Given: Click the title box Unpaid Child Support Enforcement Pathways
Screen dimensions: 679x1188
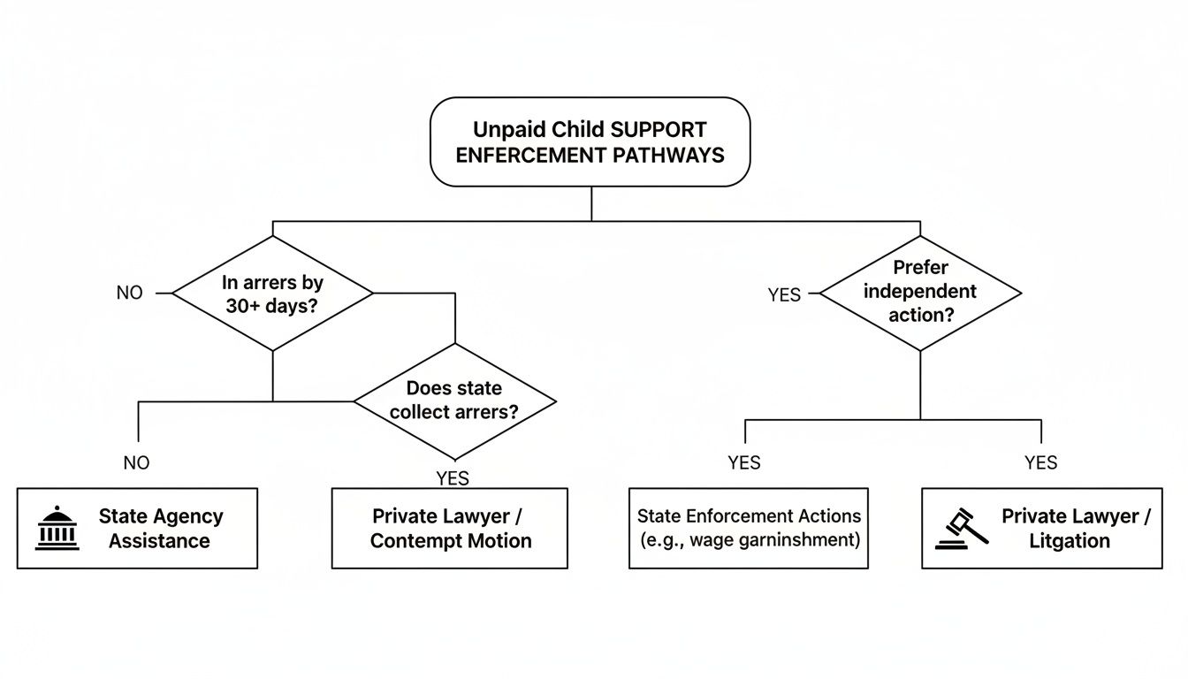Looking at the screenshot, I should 590,141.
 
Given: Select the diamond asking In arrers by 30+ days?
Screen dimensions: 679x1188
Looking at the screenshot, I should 272,294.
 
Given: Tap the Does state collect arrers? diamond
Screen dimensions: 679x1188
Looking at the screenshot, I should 454,401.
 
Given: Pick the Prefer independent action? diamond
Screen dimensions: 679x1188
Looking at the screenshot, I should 920,292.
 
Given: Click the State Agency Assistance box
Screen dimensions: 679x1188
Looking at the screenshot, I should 137,528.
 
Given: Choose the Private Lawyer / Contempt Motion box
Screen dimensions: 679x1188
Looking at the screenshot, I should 450,528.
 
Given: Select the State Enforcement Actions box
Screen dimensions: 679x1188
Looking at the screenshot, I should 748,528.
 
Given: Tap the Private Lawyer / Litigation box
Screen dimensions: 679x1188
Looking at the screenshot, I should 1041,528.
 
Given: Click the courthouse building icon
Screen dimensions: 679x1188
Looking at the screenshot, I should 57,528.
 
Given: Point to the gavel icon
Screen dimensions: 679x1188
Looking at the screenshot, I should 962,528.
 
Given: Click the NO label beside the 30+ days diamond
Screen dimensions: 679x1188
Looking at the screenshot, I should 129,293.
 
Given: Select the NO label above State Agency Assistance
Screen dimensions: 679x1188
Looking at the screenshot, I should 136,462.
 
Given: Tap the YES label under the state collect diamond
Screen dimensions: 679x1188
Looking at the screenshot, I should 453,478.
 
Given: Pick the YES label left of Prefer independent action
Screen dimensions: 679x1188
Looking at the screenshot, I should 784,294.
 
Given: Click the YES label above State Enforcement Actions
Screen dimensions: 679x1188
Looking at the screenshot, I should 744,462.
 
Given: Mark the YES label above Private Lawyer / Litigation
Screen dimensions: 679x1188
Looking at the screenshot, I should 1040,462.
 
